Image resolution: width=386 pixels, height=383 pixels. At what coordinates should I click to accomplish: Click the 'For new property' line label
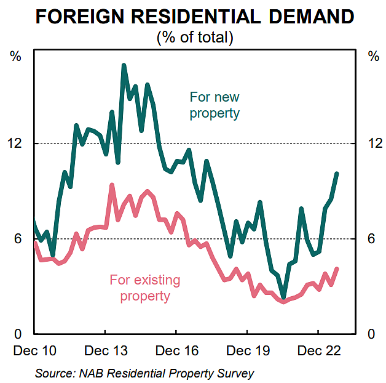pyautogui.click(x=215, y=105)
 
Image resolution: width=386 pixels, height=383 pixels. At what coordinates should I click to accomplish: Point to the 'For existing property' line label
pyautogui.click(x=145, y=288)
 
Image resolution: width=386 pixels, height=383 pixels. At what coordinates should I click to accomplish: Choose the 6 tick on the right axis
pyautogui.click(x=371, y=239)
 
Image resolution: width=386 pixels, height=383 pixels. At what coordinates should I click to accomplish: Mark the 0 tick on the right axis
pyautogui.click(x=371, y=334)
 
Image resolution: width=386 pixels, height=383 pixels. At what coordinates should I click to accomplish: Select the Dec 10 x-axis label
pyautogui.click(x=34, y=351)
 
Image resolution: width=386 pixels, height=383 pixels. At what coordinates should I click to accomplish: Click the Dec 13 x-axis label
pyautogui.click(x=105, y=351)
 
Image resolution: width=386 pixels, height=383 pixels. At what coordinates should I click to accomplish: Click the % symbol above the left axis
pyautogui.click(x=16, y=57)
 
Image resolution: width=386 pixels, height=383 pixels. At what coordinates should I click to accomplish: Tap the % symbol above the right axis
pyautogui.click(x=373, y=57)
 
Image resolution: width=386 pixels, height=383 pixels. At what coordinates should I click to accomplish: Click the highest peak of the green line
pyautogui.click(x=124, y=65)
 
